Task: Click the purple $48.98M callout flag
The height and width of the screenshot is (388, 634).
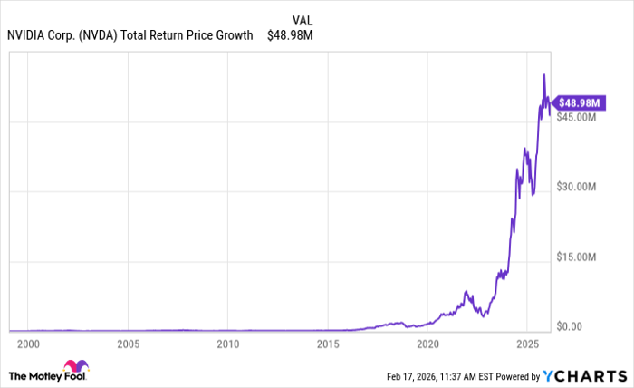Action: [577, 103]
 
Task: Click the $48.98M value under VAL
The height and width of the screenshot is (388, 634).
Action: [291, 35]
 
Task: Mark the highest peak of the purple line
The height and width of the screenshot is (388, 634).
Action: [543, 74]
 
